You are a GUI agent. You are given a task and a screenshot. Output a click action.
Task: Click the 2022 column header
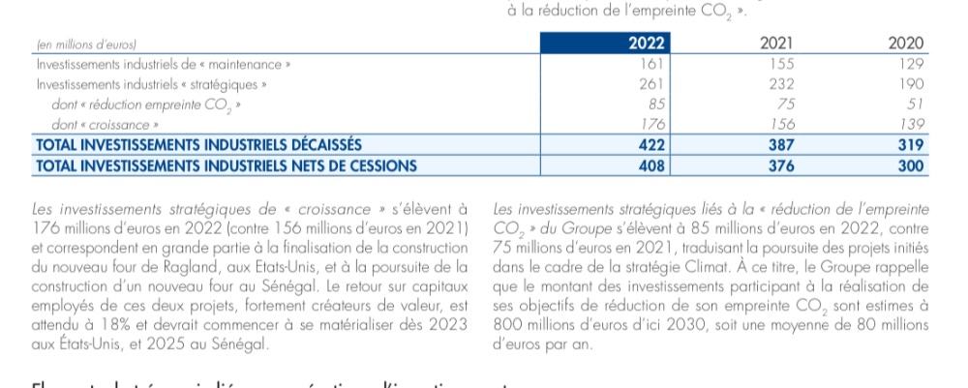(646, 44)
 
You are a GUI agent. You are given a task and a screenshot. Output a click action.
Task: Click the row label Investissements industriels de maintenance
(163, 64)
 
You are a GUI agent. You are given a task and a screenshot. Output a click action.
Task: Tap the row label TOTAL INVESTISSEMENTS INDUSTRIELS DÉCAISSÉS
(197, 145)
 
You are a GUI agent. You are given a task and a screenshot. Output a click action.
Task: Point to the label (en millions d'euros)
(86, 45)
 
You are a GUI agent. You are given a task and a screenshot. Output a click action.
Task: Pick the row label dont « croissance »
(107, 125)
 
